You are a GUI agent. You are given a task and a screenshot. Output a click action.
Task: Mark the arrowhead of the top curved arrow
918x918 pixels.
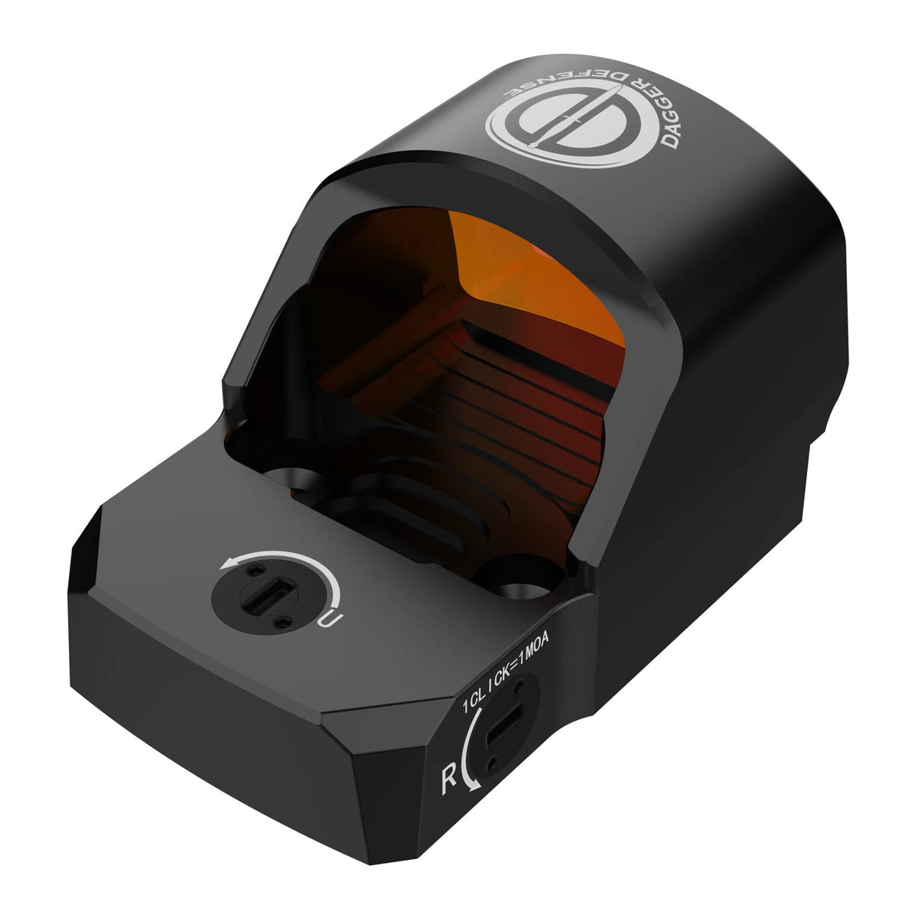(226, 564)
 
